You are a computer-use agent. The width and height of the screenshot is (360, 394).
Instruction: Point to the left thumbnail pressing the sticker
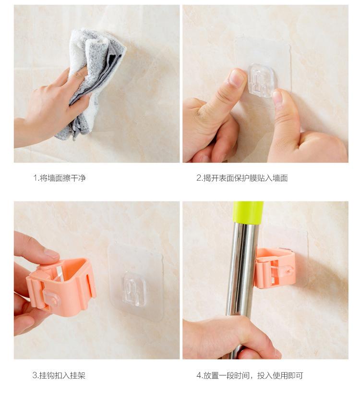[237, 77]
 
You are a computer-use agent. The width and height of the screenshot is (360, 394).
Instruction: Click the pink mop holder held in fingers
[61, 286]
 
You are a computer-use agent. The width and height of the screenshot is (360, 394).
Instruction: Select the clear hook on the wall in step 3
[134, 289]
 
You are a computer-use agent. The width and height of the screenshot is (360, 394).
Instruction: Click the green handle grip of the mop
[248, 212]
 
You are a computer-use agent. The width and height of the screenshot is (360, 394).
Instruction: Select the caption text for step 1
[60, 178]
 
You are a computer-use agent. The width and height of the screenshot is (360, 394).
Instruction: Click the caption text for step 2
[242, 178]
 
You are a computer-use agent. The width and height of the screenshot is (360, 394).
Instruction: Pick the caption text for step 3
[59, 375]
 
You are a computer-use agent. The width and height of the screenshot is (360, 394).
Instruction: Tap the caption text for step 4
[250, 375]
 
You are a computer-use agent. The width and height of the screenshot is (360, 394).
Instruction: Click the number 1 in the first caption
[35, 178]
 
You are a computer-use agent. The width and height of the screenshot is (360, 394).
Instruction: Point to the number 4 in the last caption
[199, 376]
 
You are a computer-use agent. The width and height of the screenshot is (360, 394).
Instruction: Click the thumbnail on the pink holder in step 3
[51, 254]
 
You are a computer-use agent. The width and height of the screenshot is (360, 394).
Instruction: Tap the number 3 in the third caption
[35, 376]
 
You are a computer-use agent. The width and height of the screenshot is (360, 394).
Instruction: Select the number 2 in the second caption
[199, 178]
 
